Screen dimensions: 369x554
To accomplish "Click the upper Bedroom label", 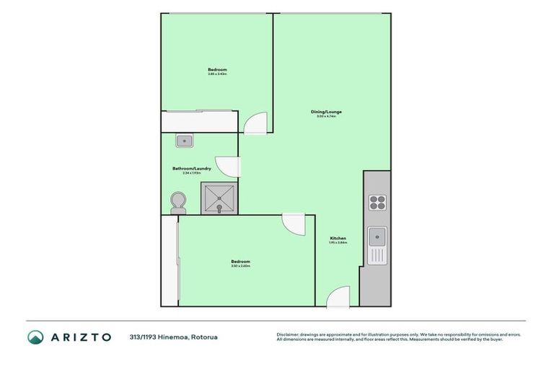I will coord(217,70).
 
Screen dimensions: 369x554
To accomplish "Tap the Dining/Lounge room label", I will coord(326,112).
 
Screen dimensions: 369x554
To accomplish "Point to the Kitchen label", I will coord(338,238).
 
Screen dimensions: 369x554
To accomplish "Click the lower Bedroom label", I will coord(240,261).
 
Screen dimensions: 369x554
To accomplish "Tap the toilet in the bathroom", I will coord(177,201).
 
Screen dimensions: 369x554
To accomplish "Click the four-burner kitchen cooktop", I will coord(378,202).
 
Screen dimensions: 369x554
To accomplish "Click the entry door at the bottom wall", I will coord(338,296).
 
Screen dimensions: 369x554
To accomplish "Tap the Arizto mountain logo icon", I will coord(36,337).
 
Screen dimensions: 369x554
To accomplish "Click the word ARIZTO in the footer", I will coord(80,337).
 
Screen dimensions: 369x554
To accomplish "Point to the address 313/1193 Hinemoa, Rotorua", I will coord(173,337).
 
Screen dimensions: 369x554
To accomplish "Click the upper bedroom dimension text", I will coord(217,74).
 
